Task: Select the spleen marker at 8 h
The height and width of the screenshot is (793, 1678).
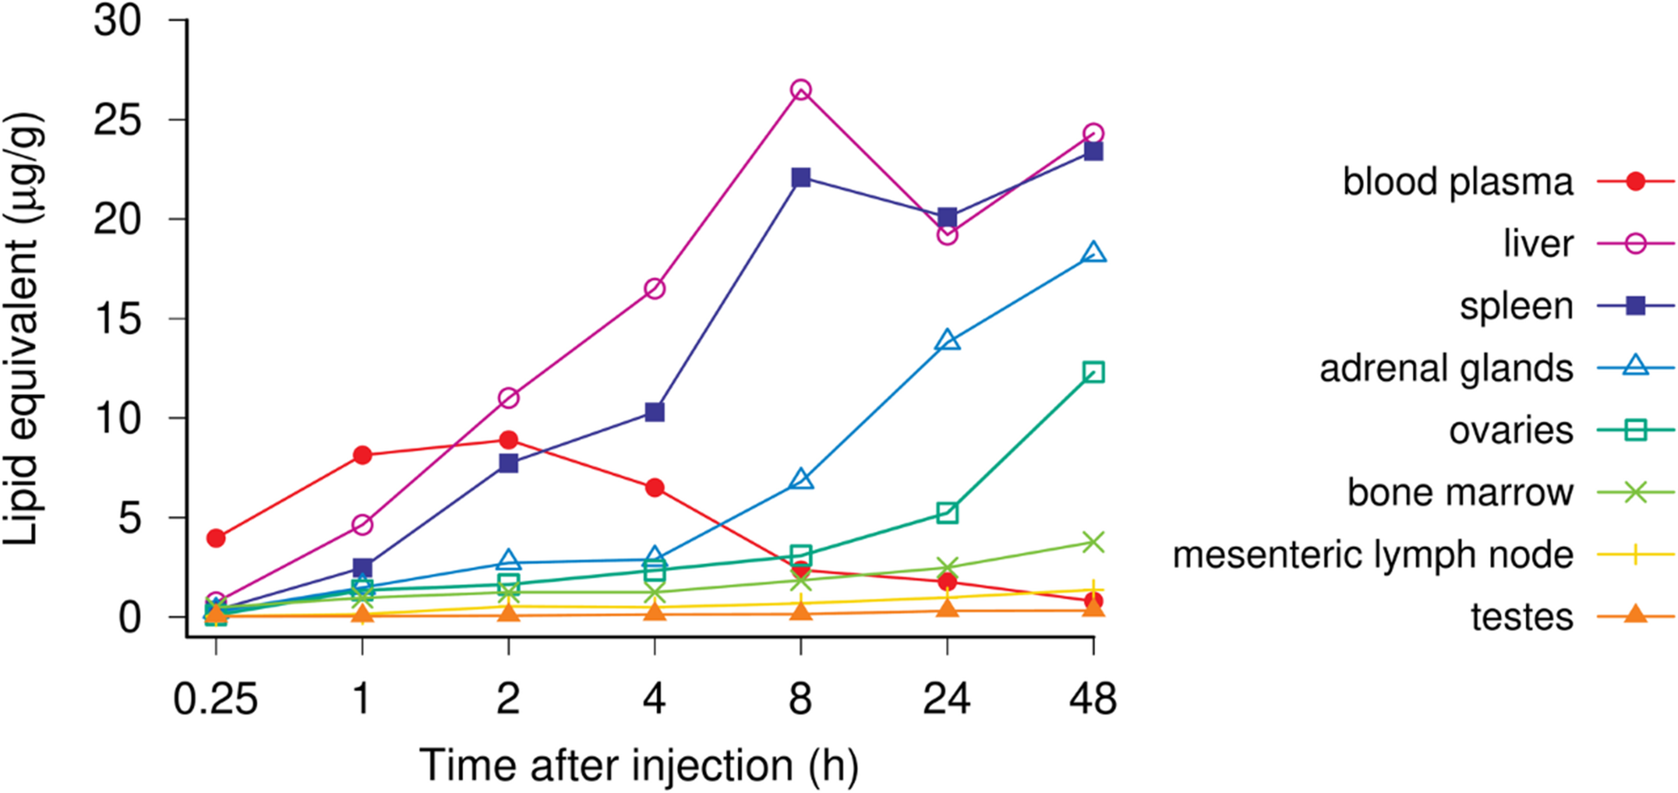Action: [800, 177]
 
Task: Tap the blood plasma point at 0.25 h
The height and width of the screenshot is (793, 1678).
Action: [216, 538]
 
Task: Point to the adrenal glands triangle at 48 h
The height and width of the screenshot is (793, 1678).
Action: [1093, 253]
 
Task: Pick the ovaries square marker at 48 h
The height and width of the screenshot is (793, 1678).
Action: [1093, 372]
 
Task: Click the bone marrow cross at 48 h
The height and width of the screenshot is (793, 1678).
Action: [1093, 542]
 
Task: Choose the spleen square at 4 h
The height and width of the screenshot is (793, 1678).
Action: [654, 412]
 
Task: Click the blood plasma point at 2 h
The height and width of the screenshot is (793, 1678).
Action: [508, 440]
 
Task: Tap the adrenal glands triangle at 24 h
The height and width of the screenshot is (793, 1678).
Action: [947, 341]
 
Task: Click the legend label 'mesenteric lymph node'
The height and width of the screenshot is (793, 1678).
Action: [1373, 555]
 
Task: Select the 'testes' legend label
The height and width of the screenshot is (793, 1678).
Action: [1522, 618]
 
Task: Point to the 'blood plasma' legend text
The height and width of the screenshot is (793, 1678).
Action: [1458, 182]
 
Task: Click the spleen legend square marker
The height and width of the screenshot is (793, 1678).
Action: [1635, 306]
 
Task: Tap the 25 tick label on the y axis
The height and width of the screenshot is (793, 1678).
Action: [118, 122]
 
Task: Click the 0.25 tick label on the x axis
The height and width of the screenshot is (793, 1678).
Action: [216, 699]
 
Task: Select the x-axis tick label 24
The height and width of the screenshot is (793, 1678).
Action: [947, 699]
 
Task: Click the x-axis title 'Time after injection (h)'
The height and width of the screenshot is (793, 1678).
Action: [638, 765]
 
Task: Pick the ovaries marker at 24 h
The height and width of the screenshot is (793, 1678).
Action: [947, 513]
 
